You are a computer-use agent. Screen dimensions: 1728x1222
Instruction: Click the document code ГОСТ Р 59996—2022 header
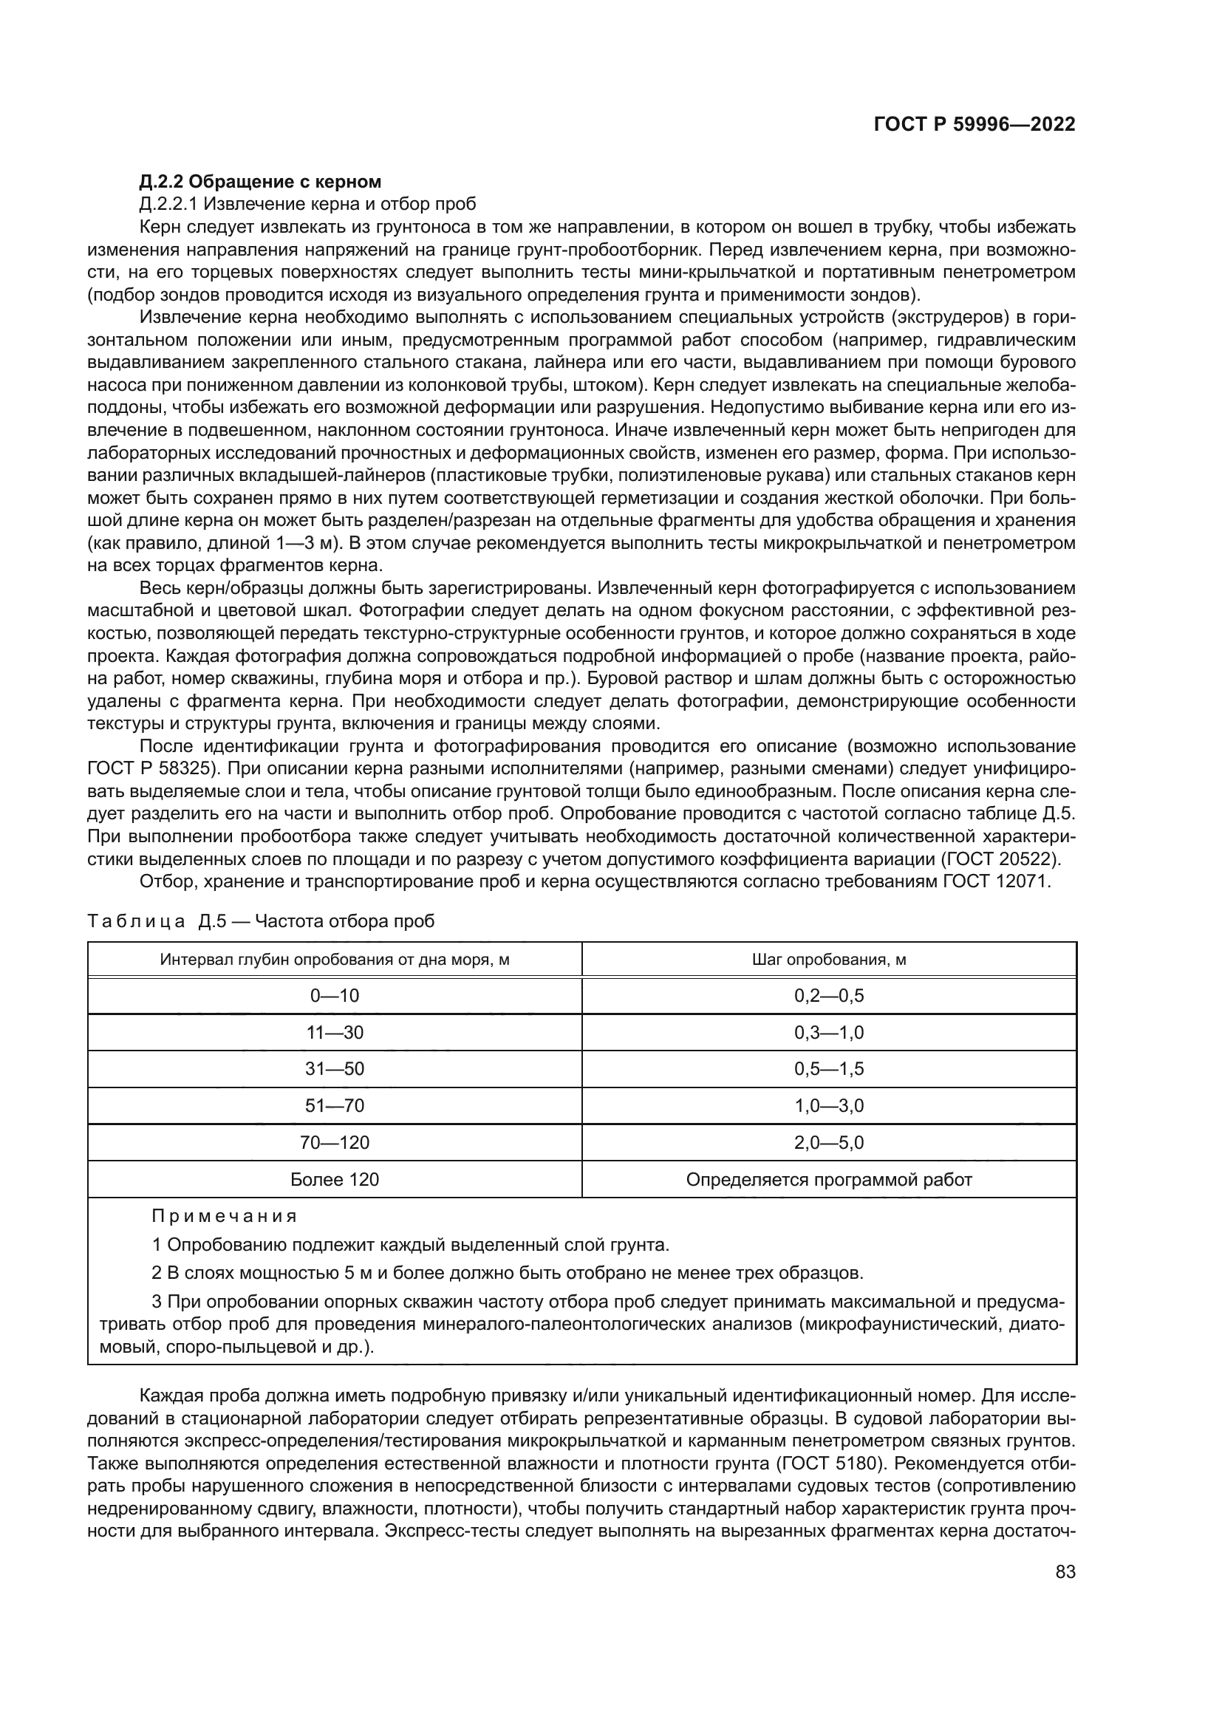(x=974, y=125)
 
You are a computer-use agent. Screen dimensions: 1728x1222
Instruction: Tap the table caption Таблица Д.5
(x=260, y=921)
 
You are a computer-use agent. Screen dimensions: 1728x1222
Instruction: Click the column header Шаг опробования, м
(x=828, y=960)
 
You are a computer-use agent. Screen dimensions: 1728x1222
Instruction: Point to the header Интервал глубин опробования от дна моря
(x=334, y=960)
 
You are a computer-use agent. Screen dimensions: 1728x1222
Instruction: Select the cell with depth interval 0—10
(x=334, y=996)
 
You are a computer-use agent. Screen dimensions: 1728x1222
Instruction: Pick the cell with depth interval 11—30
(x=334, y=1033)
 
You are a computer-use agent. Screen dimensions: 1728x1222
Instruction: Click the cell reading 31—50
(x=334, y=1069)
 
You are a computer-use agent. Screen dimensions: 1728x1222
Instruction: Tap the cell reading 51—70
(x=334, y=1106)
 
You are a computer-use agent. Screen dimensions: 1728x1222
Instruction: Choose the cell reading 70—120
(x=334, y=1142)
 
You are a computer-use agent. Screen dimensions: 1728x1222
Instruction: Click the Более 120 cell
(x=334, y=1179)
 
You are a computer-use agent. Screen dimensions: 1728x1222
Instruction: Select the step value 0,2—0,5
(x=828, y=996)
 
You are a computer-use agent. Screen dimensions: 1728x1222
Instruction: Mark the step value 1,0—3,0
(x=828, y=1106)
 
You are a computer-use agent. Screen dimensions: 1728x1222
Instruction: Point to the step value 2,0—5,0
(x=828, y=1142)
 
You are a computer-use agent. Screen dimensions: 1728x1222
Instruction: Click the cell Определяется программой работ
(x=828, y=1179)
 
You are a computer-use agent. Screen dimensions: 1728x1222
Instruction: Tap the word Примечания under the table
(x=225, y=1216)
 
